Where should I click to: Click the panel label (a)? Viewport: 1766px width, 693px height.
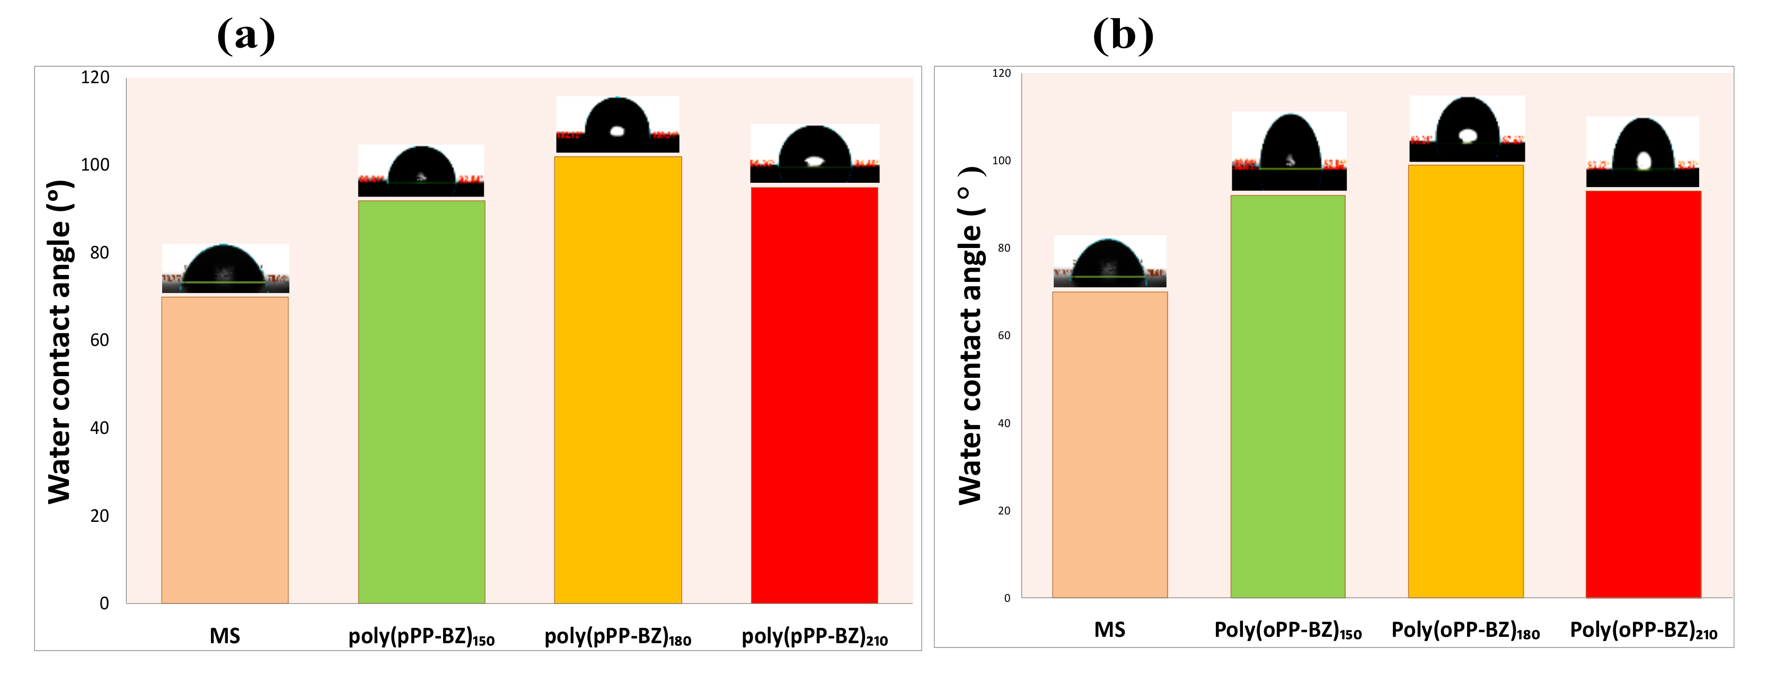pyautogui.click(x=246, y=35)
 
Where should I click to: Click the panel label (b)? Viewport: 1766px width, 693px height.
pyautogui.click(x=1123, y=35)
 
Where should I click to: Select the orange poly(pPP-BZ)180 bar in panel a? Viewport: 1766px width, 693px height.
pyautogui.click(x=617, y=380)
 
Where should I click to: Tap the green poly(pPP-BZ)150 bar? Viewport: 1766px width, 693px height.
pyautogui.click(x=421, y=402)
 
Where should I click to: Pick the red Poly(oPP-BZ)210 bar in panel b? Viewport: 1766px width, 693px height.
pyautogui.click(x=1643, y=394)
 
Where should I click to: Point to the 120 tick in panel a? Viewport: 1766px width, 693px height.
pyautogui.click(x=95, y=77)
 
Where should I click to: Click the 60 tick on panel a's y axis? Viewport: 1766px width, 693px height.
pyautogui.click(x=100, y=340)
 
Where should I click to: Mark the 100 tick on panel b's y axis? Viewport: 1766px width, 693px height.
pyautogui.click(x=1001, y=161)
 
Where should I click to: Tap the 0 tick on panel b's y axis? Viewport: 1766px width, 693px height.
pyautogui.click(x=1006, y=598)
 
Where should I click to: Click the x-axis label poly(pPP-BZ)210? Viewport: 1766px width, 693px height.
pyautogui.click(x=815, y=637)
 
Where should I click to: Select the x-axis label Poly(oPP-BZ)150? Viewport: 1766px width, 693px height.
pyautogui.click(x=1287, y=630)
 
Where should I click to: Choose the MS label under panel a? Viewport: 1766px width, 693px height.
pyautogui.click(x=225, y=636)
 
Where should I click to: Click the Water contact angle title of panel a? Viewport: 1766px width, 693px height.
pyautogui.click(x=60, y=341)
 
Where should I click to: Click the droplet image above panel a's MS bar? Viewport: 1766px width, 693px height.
pyautogui.click(x=226, y=268)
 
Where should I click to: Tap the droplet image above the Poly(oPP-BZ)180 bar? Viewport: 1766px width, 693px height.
pyautogui.click(x=1467, y=129)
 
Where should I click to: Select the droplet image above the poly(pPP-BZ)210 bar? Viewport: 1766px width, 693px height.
pyautogui.click(x=815, y=154)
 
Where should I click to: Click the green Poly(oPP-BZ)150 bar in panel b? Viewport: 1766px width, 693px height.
pyautogui.click(x=1287, y=396)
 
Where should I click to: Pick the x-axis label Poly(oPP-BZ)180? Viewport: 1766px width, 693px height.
pyautogui.click(x=1465, y=630)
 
